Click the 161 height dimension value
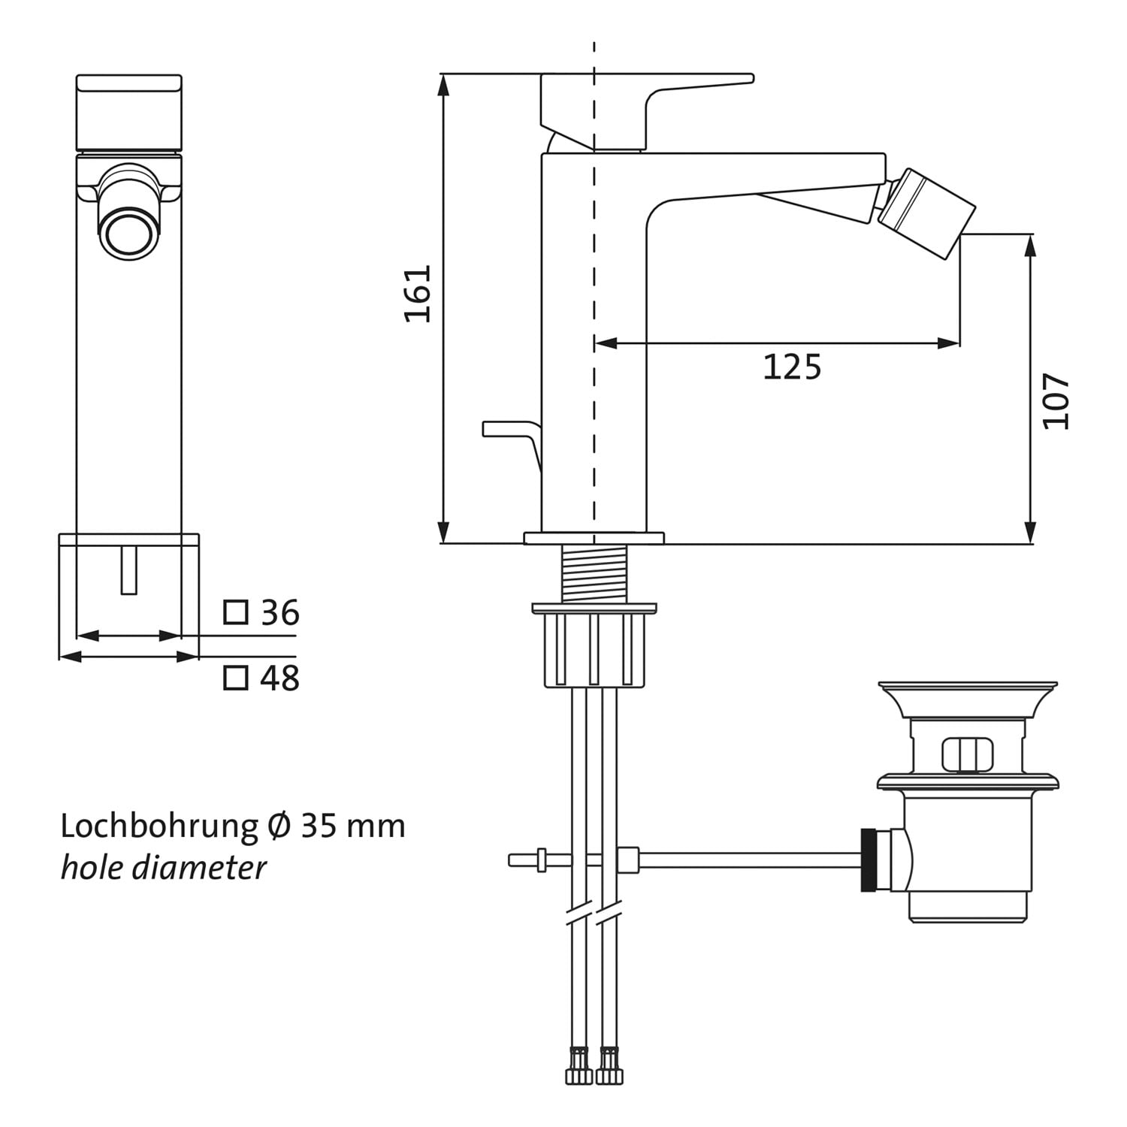click(418, 294)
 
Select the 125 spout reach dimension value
click(792, 367)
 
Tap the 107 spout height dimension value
click(1056, 401)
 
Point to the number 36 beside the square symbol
click(279, 613)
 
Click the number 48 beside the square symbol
click(279, 678)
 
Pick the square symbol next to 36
click(236, 612)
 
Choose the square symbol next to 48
click(236, 678)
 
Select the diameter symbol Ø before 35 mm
click(279, 826)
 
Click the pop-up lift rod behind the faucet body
click(512, 446)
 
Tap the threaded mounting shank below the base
click(594, 573)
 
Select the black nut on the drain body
click(869, 860)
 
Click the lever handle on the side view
click(647, 113)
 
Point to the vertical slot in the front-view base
click(129, 570)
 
